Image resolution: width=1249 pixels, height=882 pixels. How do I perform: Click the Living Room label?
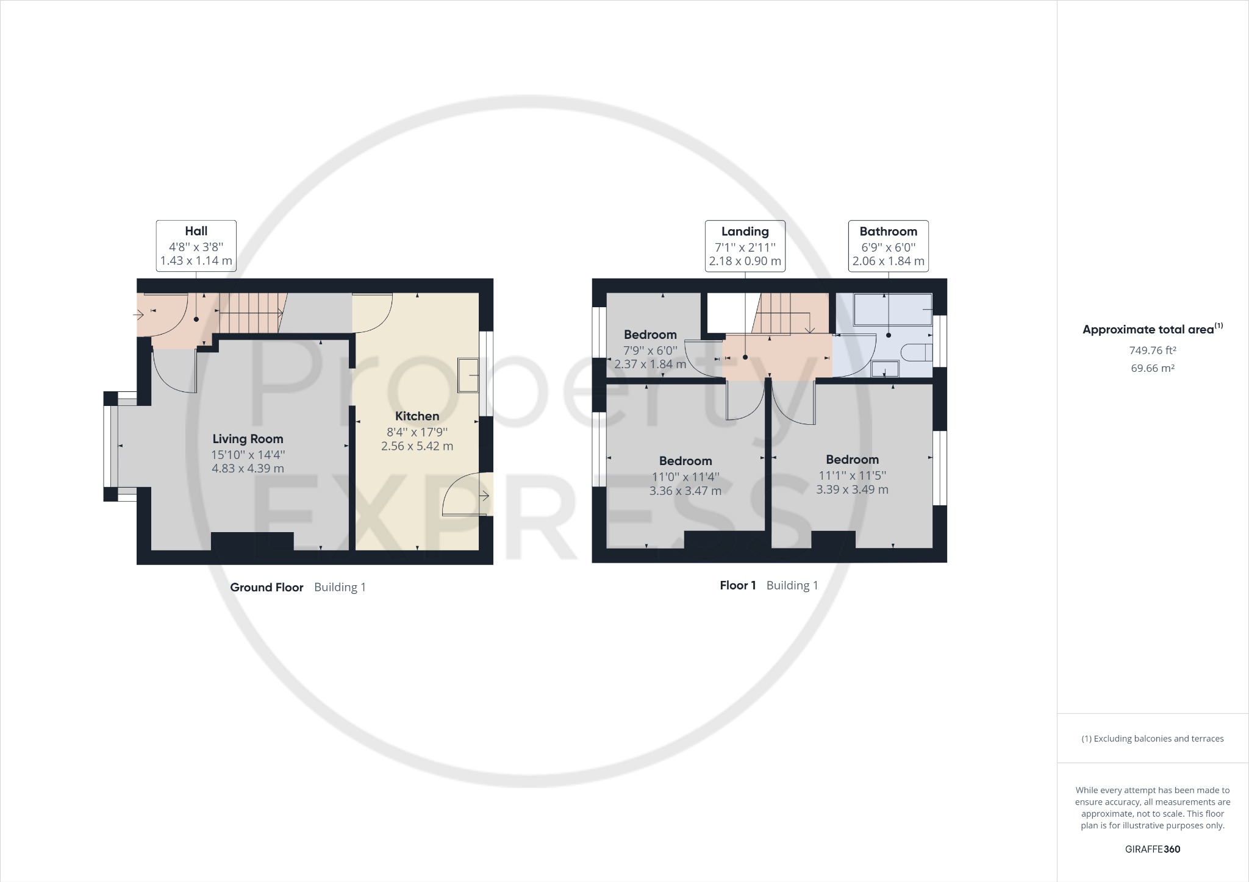pyautogui.click(x=248, y=439)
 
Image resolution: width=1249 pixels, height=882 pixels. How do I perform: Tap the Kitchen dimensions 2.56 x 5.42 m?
pyautogui.click(x=417, y=446)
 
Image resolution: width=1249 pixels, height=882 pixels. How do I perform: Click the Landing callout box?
pyautogui.click(x=745, y=246)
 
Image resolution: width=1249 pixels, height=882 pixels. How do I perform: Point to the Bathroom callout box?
pyautogui.click(x=888, y=246)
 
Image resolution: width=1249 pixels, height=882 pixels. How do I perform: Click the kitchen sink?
pyautogui.click(x=469, y=375)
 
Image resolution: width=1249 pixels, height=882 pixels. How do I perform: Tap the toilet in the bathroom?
pyautogui.click(x=917, y=353)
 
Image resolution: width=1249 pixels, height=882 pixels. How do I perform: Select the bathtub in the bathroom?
pyautogui.click(x=893, y=310)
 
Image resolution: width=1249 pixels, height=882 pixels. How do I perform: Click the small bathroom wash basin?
pyautogui.click(x=885, y=369)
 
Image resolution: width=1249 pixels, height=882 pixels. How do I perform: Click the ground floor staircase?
pyautogui.click(x=250, y=313)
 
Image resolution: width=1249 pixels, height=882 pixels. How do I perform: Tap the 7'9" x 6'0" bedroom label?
pyautogui.click(x=650, y=350)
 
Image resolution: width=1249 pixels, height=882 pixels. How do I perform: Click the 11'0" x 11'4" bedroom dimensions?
pyautogui.click(x=685, y=477)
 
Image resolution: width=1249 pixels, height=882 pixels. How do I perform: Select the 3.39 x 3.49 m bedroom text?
pyautogui.click(x=852, y=489)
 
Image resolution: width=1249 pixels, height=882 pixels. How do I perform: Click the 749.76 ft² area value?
pyautogui.click(x=1152, y=350)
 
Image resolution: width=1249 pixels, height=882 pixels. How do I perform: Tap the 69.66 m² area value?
pyautogui.click(x=1152, y=368)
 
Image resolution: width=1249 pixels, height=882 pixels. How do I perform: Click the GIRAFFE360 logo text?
pyautogui.click(x=1152, y=849)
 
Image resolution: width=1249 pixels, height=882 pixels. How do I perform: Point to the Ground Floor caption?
pyautogui.click(x=267, y=588)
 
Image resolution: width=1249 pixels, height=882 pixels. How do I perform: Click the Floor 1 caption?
pyautogui.click(x=738, y=586)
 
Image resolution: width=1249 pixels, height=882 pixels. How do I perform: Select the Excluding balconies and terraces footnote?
pyautogui.click(x=1152, y=739)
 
